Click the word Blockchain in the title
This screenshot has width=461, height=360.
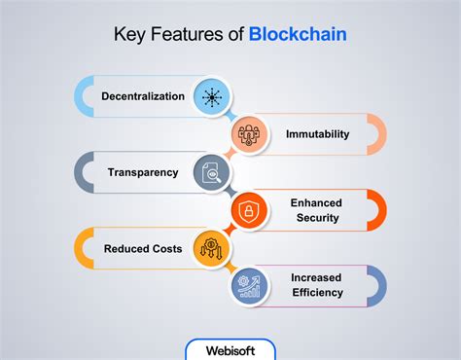pos(298,35)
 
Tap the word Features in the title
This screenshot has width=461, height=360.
pos(185,35)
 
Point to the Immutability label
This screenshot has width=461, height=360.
pos(317,134)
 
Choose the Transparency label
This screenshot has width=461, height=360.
pos(143,172)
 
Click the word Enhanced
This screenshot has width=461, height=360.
pos(317,202)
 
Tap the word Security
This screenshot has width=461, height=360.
pos(317,218)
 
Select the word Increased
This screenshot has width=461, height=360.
pos(317,277)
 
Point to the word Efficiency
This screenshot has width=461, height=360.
pos(317,292)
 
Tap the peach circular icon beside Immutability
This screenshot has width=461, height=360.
pos(248,134)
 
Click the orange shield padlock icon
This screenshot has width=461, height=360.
pos(248,210)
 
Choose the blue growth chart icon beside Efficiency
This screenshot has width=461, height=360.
pos(248,285)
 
